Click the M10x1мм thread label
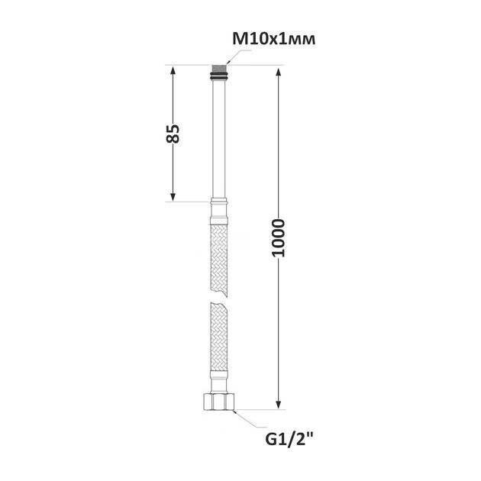pyautogui.click(x=273, y=39)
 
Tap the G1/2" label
pyautogui.click(x=289, y=440)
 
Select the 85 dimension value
pyautogui.click(x=173, y=134)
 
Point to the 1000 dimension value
pyautogui.click(x=279, y=237)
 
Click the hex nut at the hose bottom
pyautogui.click(x=218, y=402)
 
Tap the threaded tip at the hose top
pyautogui.click(x=218, y=69)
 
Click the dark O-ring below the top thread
pyautogui.click(x=218, y=76)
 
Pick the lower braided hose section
pyautogui.click(x=218, y=336)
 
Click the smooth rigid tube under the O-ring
pyautogui.click(x=218, y=139)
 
